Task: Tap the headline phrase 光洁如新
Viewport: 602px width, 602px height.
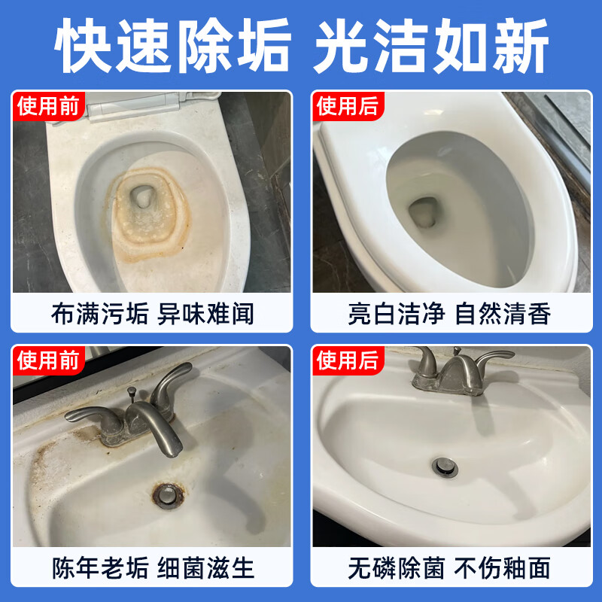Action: click(430, 47)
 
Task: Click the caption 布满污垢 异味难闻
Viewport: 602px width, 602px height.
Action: click(152, 313)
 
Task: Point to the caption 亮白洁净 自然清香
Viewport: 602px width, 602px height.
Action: click(450, 313)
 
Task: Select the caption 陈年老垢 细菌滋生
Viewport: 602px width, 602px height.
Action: click(152, 566)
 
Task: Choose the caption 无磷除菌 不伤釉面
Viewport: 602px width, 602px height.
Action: click(450, 566)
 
